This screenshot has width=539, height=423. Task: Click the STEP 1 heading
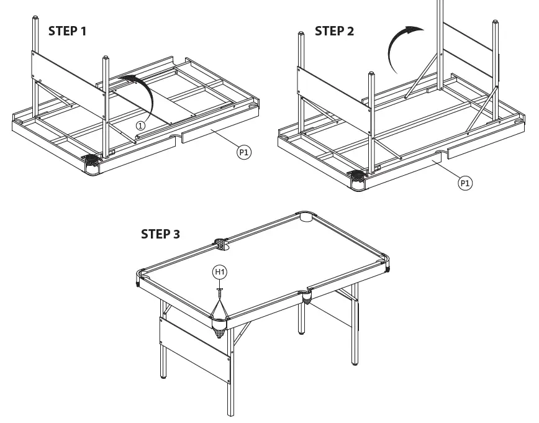click(x=68, y=31)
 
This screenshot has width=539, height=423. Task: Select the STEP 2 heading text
click(x=334, y=31)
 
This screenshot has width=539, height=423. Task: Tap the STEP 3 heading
click(x=161, y=234)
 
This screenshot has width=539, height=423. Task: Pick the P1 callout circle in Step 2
click(x=464, y=183)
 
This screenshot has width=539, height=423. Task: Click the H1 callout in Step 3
click(x=220, y=271)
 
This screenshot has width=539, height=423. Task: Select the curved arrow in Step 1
click(x=142, y=93)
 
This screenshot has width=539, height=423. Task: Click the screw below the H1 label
click(x=220, y=289)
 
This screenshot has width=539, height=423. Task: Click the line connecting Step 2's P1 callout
click(x=448, y=173)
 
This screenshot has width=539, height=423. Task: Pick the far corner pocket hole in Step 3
click(x=306, y=217)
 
